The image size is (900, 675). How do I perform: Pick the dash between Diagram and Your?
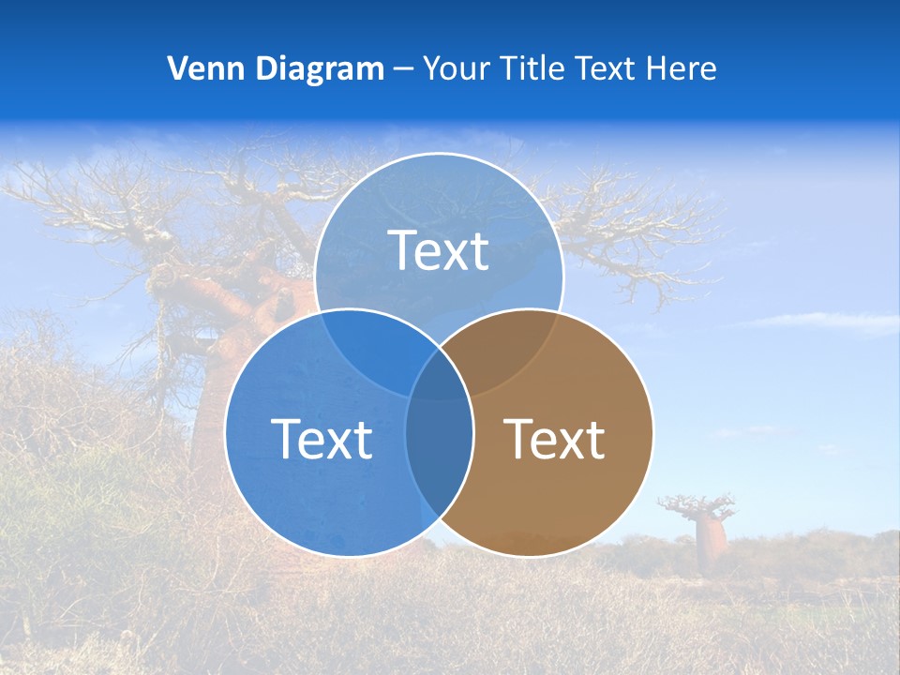click(x=404, y=69)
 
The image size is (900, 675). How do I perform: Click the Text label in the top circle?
click(x=439, y=250)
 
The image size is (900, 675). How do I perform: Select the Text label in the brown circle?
click(x=555, y=439)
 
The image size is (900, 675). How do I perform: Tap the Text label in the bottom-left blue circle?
click(x=322, y=439)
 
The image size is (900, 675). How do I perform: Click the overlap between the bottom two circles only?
click(x=439, y=459)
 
